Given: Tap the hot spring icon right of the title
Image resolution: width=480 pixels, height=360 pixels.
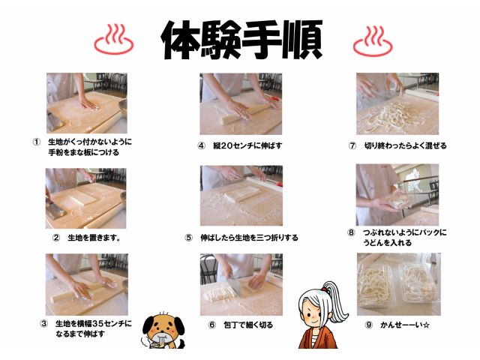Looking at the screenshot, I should (373, 39).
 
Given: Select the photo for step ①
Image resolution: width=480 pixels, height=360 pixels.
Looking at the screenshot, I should (86, 103).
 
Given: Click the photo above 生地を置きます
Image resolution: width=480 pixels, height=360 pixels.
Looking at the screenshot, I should (86, 197).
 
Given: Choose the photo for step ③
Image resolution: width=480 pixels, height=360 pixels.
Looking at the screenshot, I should (86, 284).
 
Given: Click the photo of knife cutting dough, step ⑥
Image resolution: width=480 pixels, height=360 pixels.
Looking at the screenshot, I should (241, 284).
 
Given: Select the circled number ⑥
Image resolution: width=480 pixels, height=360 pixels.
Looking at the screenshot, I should (212, 325).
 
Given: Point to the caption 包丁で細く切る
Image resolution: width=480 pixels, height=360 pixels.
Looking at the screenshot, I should (250, 325).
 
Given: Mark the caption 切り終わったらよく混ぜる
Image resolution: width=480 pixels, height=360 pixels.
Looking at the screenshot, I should (405, 145).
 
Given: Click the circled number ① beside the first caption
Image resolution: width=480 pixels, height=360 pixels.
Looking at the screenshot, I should (35, 141).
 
